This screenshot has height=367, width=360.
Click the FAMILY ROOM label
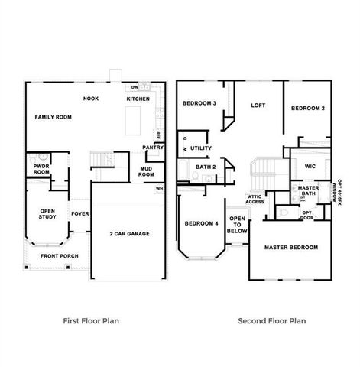pyautogui.click(x=53, y=117)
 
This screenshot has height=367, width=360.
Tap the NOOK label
pyautogui.click(x=92, y=99)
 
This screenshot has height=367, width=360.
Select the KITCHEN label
pyautogui.click(x=138, y=99)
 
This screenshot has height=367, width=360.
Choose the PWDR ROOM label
pyautogui.click(x=41, y=169)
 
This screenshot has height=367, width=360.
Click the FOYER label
pyautogui.click(x=80, y=214)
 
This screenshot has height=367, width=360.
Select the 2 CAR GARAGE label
pyautogui.click(x=128, y=233)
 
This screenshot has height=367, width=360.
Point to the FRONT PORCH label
pyautogui.click(x=59, y=257)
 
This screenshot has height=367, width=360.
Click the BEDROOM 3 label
pyautogui.click(x=199, y=103)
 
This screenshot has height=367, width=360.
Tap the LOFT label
pyautogui.click(x=258, y=106)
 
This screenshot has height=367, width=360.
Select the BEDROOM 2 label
pyautogui.click(x=308, y=109)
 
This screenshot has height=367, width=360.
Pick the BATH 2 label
pyautogui.click(x=205, y=167)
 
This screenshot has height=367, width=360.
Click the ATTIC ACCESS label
pyautogui.click(x=255, y=199)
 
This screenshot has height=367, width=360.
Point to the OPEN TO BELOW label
pyautogui.click(x=238, y=224)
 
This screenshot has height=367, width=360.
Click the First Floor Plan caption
pyautogui.click(x=90, y=321)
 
